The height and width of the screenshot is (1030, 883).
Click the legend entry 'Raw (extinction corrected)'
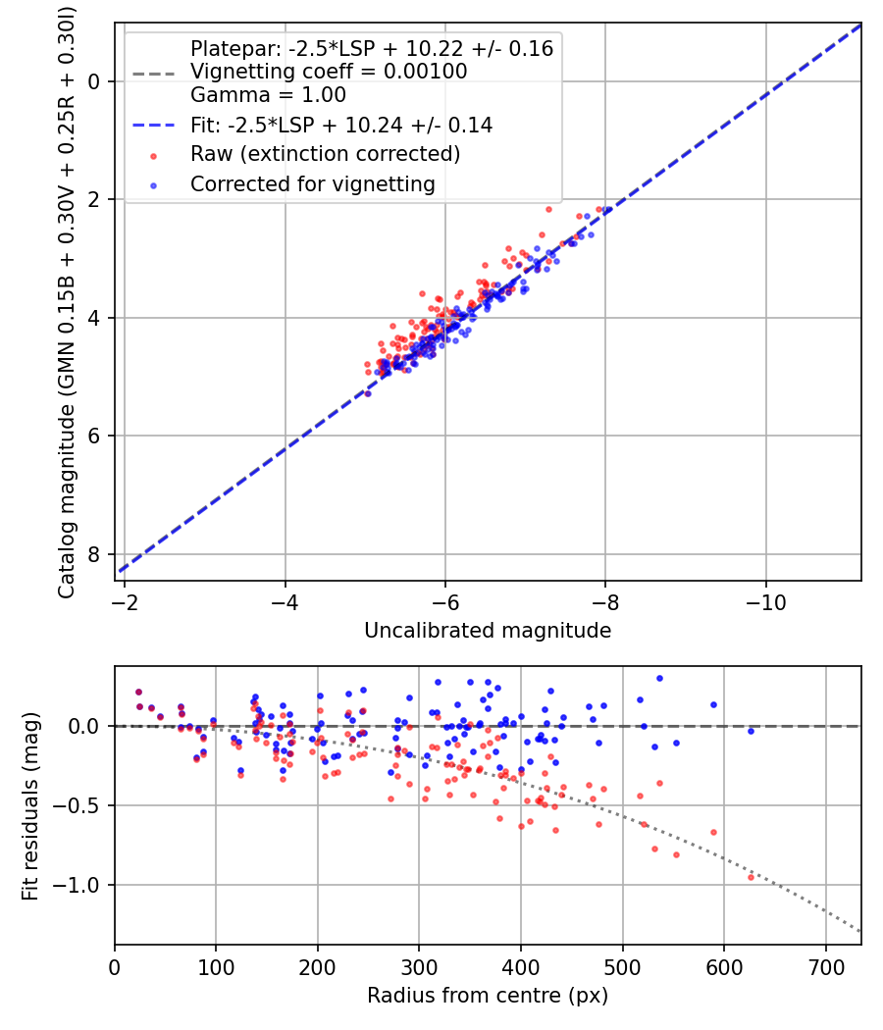[x=325, y=154]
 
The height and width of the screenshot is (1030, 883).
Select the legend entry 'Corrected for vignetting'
[x=313, y=183]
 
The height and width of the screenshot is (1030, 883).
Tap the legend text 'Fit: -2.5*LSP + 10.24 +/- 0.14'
[x=341, y=126]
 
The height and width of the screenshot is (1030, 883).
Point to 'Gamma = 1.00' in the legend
[x=268, y=95]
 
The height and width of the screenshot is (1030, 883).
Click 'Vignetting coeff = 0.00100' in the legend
[x=329, y=72]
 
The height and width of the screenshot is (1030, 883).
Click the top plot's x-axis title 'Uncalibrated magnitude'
[x=488, y=631]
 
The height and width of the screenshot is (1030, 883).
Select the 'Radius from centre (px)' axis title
[x=488, y=996]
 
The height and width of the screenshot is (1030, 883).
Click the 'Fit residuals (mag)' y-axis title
[x=30, y=806]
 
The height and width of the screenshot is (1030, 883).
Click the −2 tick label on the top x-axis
[x=125, y=601]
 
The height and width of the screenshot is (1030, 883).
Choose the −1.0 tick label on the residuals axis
[x=82, y=886]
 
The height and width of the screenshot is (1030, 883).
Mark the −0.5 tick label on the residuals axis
[x=82, y=805]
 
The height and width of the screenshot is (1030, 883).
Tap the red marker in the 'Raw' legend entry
[x=152, y=155]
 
